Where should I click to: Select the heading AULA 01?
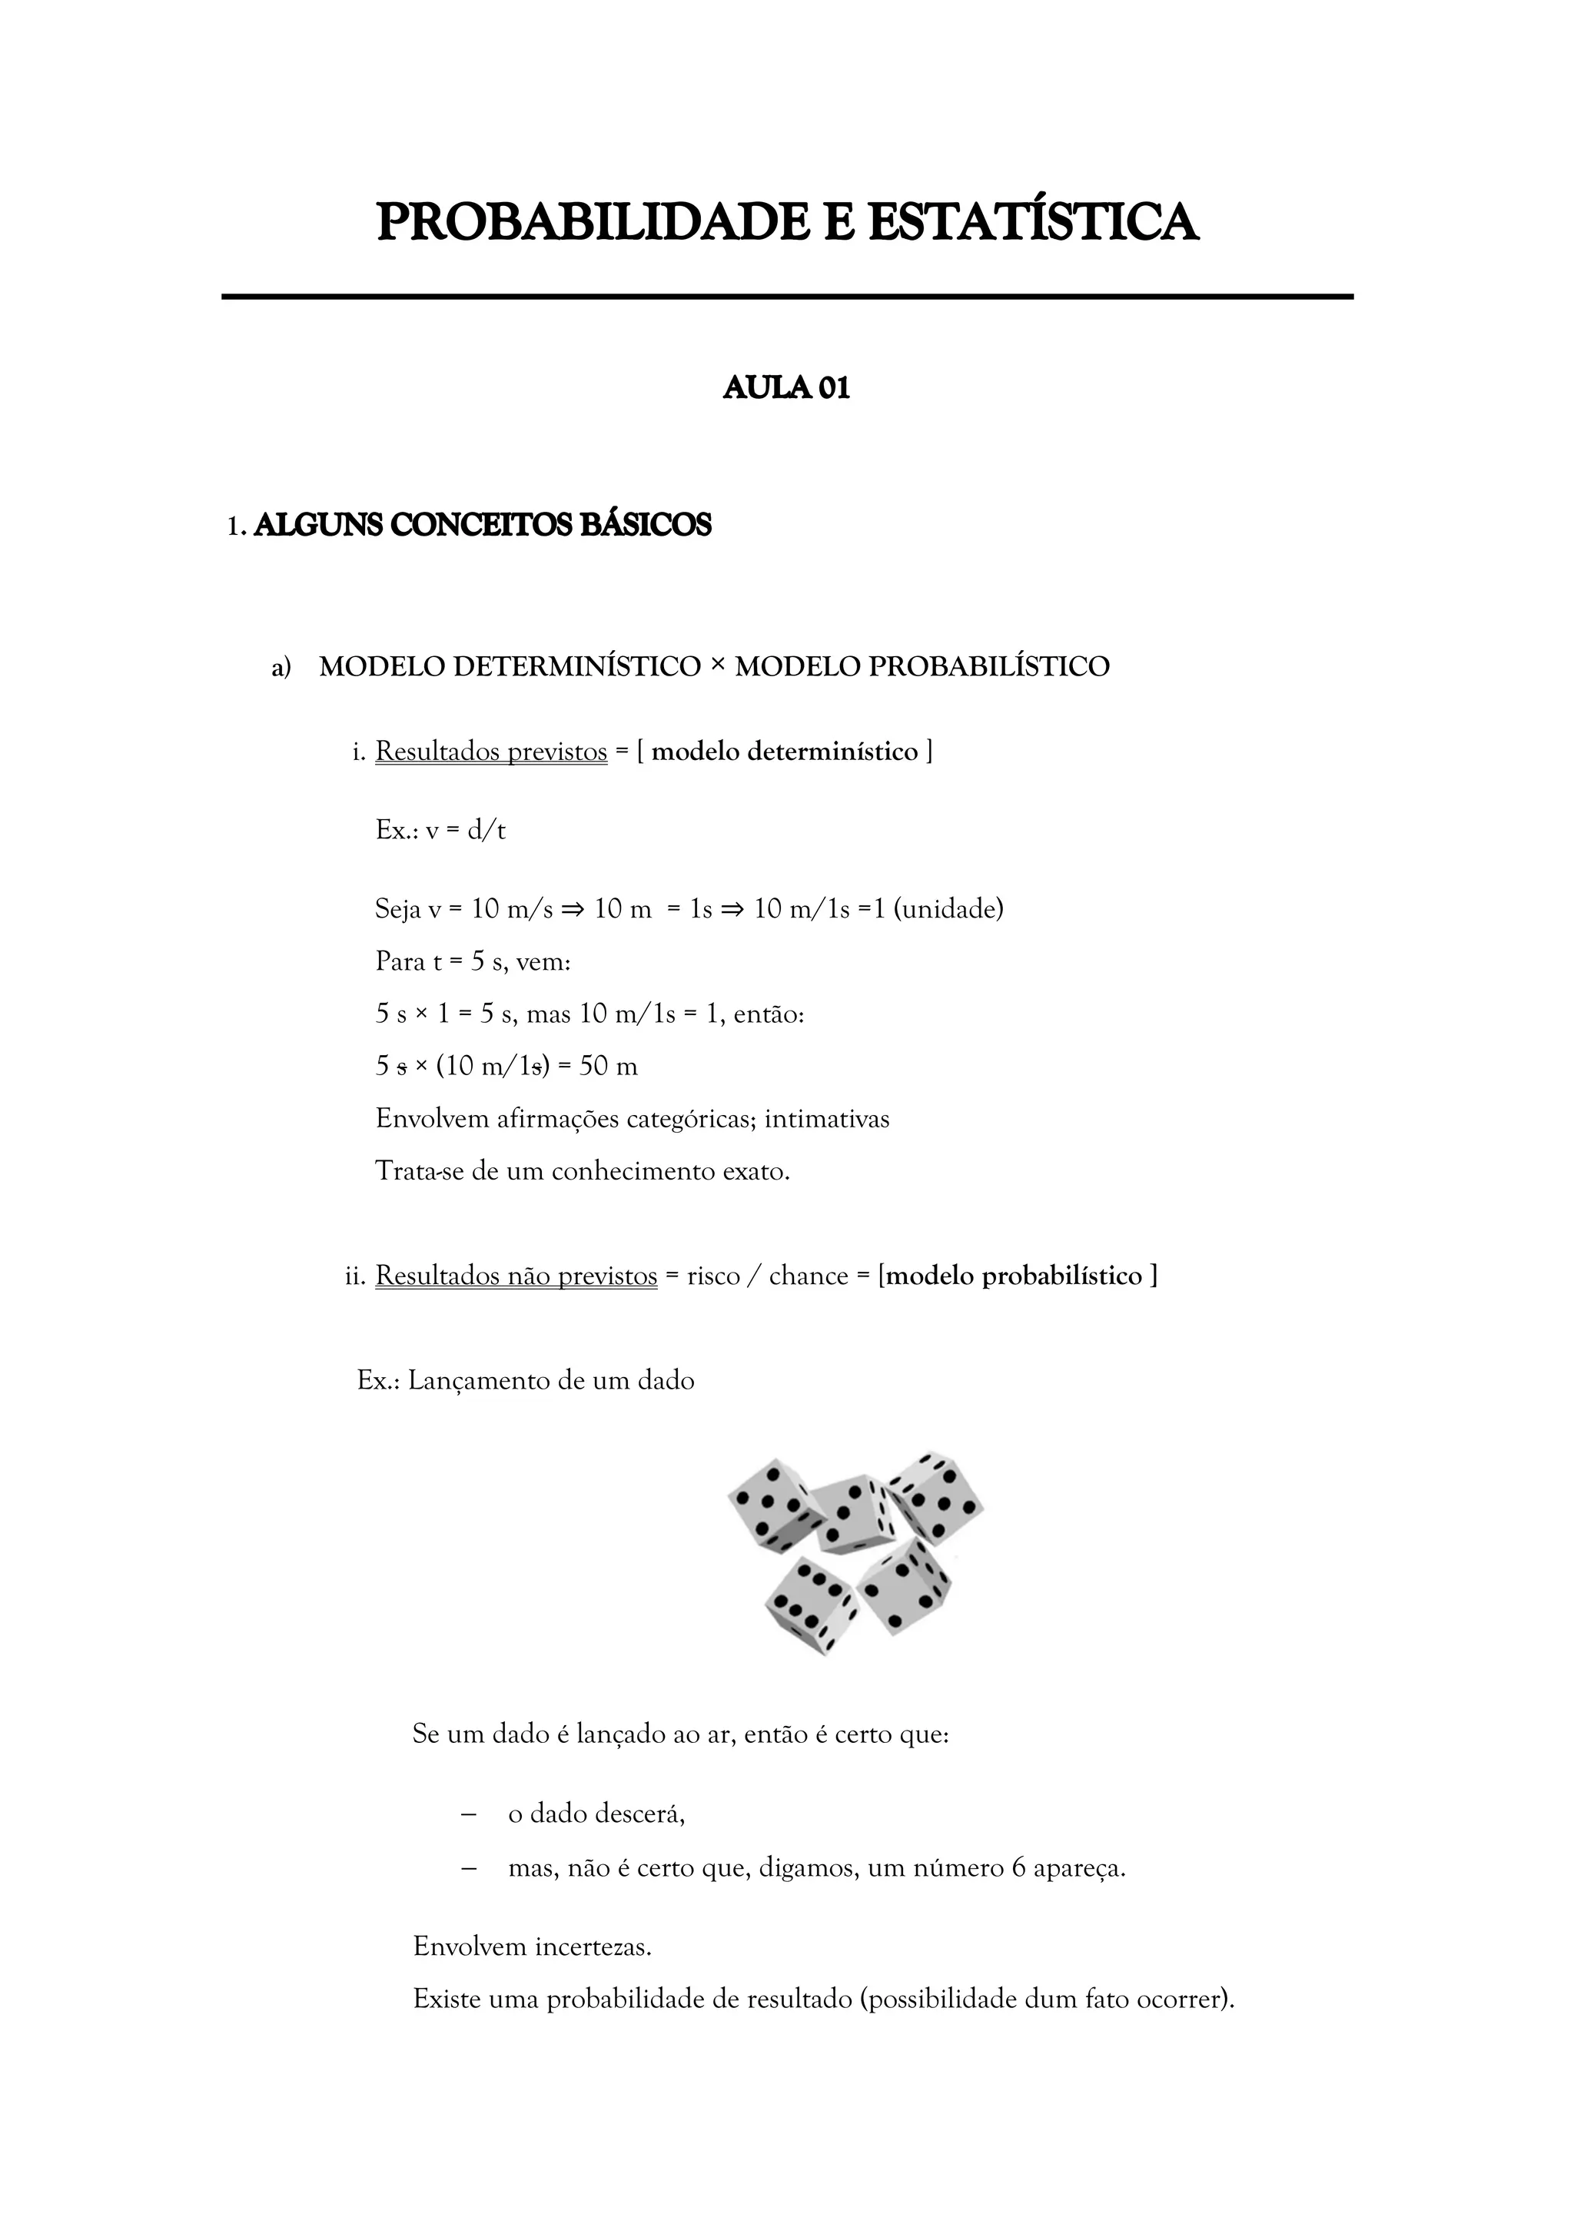tap(786, 388)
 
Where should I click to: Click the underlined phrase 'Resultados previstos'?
tap(491, 752)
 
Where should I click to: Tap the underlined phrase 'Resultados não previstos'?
tap(516, 1276)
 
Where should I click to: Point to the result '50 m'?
tap(608, 1067)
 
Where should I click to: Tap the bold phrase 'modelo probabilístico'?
tap(1014, 1276)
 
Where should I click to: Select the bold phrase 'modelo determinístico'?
tap(785, 752)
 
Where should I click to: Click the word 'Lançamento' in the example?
tap(479, 1381)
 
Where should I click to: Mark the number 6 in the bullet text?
tap(1018, 1868)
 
